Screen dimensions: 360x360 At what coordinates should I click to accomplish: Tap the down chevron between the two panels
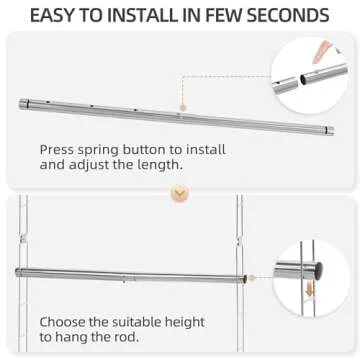[180, 192]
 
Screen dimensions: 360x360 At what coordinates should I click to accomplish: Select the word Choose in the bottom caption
[64, 323]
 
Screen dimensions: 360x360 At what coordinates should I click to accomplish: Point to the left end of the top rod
[22, 103]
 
